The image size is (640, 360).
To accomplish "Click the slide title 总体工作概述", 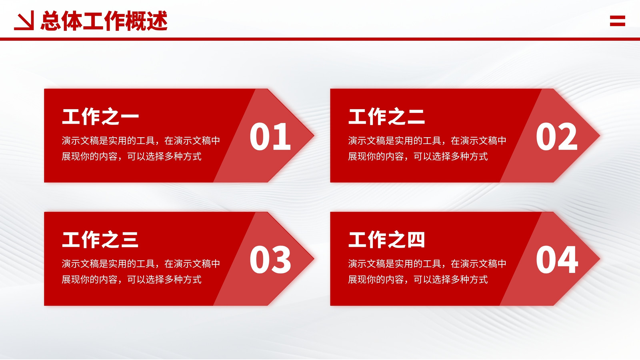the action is (x=104, y=20).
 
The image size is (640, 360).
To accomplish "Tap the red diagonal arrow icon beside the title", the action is (x=24, y=20).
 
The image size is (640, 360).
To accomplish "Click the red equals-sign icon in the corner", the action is (x=618, y=21).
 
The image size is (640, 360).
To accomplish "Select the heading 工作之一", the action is (x=100, y=116).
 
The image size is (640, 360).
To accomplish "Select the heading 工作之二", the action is (x=386, y=116).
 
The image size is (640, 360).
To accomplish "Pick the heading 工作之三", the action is (x=100, y=240).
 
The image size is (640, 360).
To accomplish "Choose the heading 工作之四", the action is (x=386, y=240).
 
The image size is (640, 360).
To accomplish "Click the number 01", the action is (x=270, y=136).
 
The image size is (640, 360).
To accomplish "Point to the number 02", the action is (x=556, y=136).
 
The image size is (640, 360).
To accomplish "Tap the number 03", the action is (x=270, y=260).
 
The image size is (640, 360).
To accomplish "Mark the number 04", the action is (x=557, y=260).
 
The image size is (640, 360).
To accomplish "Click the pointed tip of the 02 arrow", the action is (x=600, y=136).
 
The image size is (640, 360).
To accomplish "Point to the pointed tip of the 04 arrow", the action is (x=600, y=259).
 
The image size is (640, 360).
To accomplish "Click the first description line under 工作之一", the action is (x=141, y=140).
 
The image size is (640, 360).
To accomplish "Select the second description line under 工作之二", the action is (x=418, y=156).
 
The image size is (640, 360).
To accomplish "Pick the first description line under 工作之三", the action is (x=141, y=264).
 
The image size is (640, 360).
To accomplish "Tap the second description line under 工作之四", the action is (x=418, y=279).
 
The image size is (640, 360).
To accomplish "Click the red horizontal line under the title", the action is (x=320, y=39).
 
